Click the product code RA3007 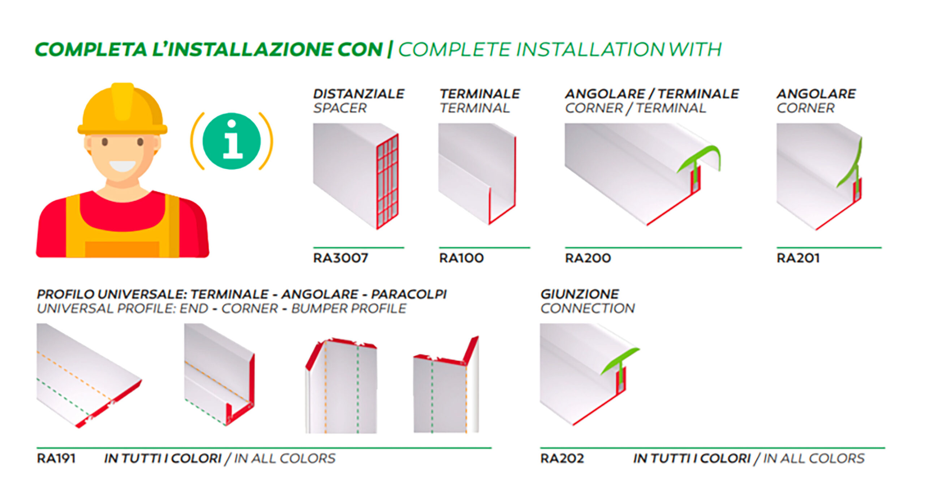point(340,258)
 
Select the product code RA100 point(461,258)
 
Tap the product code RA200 point(588,258)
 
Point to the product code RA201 point(798,258)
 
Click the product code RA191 point(56,458)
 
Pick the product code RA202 point(562,458)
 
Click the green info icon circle point(232,141)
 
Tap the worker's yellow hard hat point(122,109)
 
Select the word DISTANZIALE point(358,94)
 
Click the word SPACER point(340,108)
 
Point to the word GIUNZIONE point(580,294)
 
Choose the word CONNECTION point(588,308)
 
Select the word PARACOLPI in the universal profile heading point(409,294)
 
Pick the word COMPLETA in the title point(91,49)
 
